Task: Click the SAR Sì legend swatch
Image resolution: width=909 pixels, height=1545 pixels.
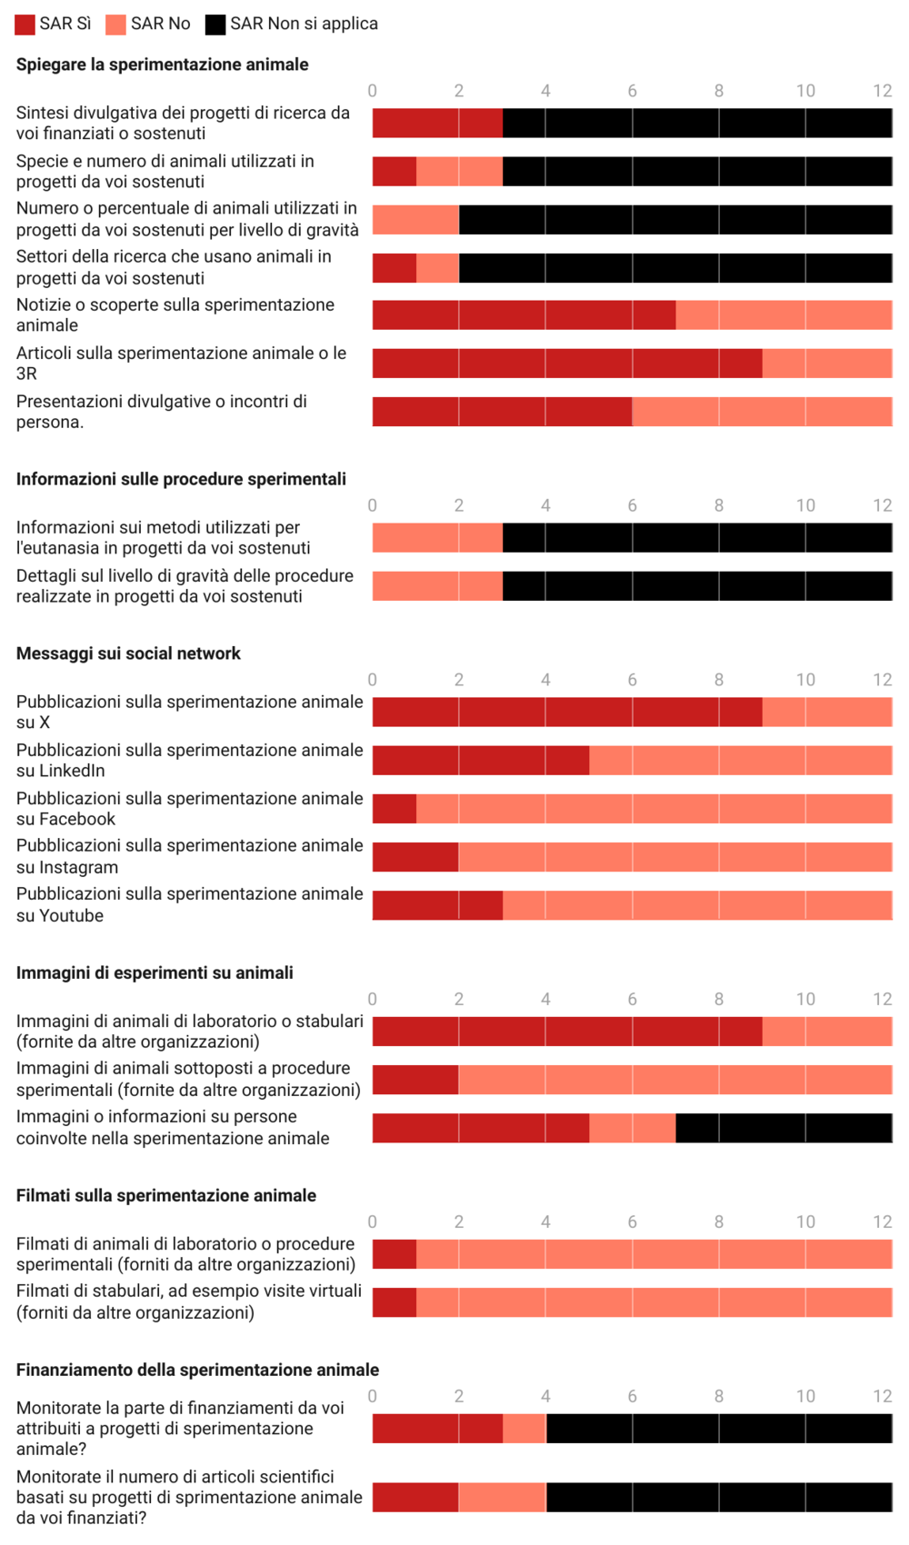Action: [25, 25]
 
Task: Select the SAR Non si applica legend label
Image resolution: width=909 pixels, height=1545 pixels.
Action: [304, 24]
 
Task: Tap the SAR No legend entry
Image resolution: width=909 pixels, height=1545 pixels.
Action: [160, 24]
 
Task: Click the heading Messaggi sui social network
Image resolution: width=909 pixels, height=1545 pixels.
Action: [128, 653]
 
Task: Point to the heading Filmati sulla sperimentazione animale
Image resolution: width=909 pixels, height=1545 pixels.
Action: [166, 1196]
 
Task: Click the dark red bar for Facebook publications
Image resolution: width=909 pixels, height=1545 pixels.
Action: [395, 809]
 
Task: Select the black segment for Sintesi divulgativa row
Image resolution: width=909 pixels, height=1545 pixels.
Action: [697, 124]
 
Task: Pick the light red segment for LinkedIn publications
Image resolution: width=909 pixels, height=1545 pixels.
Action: [740, 761]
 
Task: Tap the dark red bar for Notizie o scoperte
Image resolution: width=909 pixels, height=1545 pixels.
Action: [524, 315]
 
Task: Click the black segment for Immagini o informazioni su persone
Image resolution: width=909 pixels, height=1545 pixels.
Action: [784, 1128]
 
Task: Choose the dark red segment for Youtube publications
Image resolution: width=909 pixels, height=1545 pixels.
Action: [437, 905]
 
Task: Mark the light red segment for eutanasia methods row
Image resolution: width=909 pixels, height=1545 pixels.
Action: [437, 538]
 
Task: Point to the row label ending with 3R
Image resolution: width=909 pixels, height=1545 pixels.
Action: [181, 364]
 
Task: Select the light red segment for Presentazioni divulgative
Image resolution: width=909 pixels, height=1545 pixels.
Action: [762, 412]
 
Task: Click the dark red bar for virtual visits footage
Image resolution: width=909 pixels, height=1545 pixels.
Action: [395, 1302]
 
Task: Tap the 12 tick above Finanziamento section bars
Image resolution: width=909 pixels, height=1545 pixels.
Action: [882, 1397]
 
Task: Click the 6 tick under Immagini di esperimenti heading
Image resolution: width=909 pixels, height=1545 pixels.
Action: [632, 1000]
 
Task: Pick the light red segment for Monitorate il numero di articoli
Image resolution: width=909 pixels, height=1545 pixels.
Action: [502, 1498]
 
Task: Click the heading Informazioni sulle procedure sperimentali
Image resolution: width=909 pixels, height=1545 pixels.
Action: [181, 479]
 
